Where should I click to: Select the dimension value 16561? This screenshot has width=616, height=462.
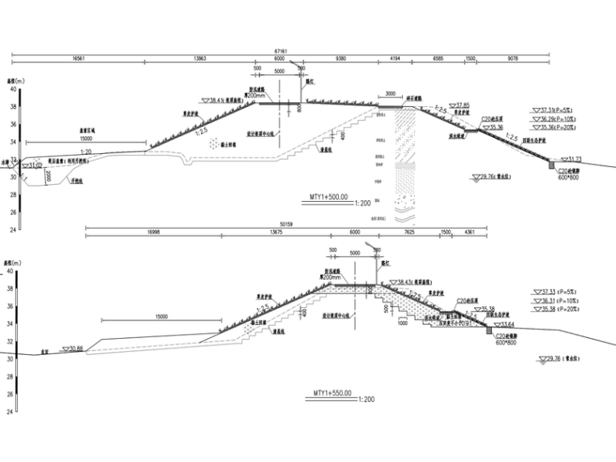coord(79,58)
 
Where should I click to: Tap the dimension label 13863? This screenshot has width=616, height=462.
coord(205,58)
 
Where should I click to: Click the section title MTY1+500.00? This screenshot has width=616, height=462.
coord(328,196)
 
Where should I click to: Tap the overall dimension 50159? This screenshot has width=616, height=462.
coord(291,223)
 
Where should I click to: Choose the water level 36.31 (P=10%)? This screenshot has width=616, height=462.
coord(557,301)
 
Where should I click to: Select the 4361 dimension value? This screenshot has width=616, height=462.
coord(469,232)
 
